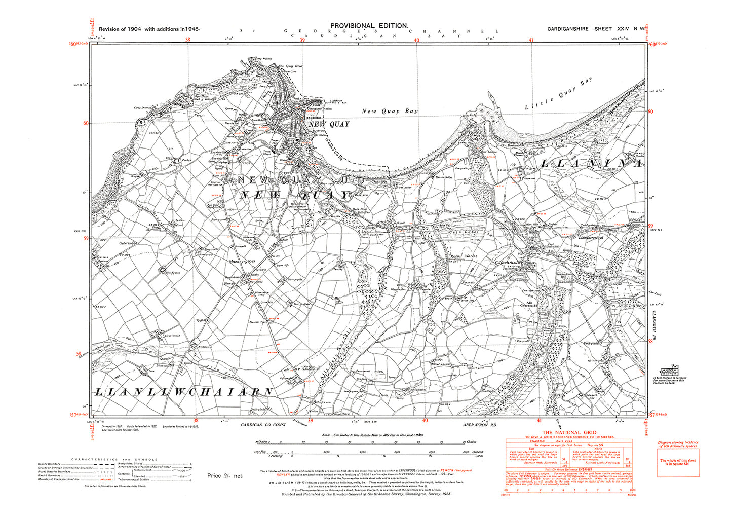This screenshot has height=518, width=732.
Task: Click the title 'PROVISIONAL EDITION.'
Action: [369, 26]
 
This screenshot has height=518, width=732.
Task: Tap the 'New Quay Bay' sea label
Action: [390, 111]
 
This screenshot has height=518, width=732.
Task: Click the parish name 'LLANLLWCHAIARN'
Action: [184, 392]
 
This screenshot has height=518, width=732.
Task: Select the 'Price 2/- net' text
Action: [225, 476]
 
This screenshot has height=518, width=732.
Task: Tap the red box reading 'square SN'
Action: [677, 462]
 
